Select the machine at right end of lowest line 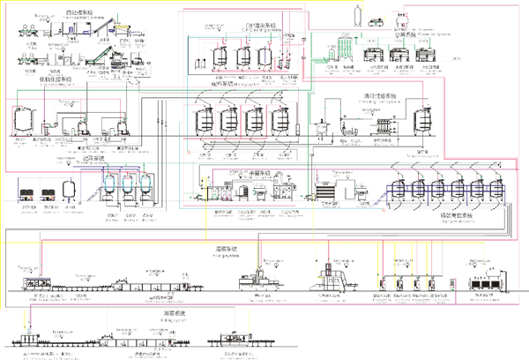point(235,340)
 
